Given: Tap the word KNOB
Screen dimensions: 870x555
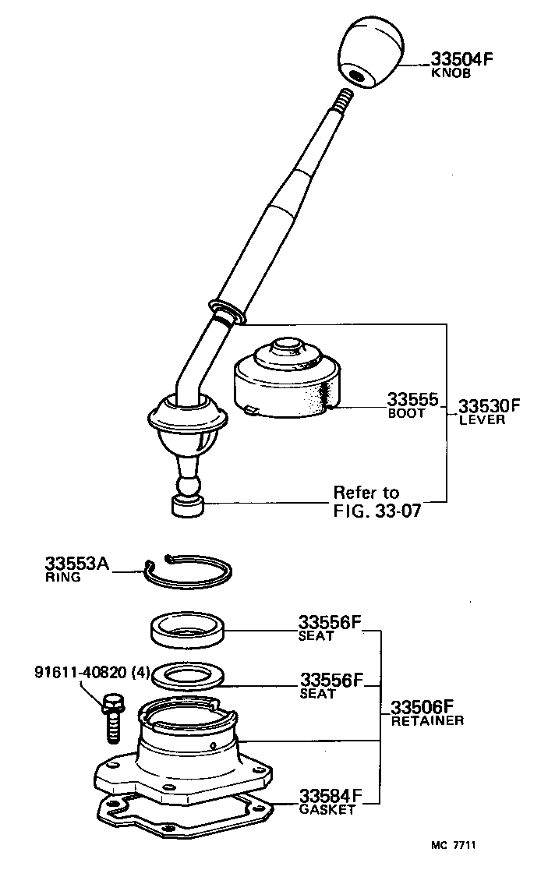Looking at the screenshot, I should tap(451, 74).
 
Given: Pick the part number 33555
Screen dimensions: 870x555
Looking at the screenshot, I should tap(412, 400).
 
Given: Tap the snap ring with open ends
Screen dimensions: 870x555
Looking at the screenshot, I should tap(189, 574).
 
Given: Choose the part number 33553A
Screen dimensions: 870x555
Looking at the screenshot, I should tap(76, 564).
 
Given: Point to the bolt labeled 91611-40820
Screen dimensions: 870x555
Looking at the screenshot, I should tap(111, 718).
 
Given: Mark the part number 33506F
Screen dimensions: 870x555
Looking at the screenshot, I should tap(422, 707).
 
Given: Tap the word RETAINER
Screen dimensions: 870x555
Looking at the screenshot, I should tap(426, 721).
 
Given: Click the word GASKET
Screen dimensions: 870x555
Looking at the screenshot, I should tap(327, 809).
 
